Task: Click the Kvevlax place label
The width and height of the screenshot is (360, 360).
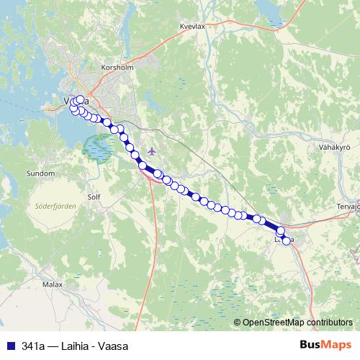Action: coord(193,26)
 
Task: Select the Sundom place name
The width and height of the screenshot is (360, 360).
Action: coord(40,174)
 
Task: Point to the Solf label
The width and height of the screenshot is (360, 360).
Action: coord(93,196)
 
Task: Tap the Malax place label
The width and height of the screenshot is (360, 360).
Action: coord(53,285)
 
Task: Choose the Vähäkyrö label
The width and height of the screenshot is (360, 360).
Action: coord(333,147)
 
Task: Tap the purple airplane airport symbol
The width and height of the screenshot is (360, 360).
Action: coord(150,150)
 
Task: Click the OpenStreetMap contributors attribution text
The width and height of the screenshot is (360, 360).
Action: coord(297,323)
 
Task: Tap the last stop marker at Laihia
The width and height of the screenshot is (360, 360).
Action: coord(287,240)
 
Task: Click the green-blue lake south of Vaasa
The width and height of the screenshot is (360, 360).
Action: coord(98,148)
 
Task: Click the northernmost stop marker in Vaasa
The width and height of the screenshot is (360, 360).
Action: coord(80,99)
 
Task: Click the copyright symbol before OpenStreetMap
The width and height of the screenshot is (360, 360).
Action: coord(238,323)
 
